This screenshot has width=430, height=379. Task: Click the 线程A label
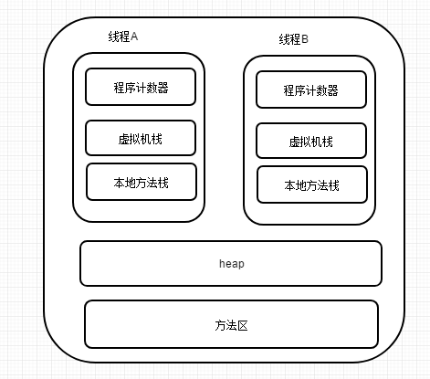point(123,37)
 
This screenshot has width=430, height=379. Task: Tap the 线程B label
point(294,39)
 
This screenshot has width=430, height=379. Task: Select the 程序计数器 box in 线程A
point(141,87)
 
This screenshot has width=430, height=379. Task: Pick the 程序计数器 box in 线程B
point(311,89)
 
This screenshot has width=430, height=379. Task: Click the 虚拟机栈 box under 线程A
point(141,138)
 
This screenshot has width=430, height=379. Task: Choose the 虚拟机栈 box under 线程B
point(311,141)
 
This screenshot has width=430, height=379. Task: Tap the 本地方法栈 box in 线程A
point(142,182)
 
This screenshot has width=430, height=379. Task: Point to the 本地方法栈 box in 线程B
point(312,184)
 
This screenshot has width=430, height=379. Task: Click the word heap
point(232,264)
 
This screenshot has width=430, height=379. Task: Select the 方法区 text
point(231,325)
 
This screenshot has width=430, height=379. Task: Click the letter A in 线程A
point(134,37)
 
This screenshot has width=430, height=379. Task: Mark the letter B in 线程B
point(305,39)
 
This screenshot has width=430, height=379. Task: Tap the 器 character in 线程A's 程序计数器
point(163,88)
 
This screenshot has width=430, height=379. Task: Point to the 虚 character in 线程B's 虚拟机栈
point(294,142)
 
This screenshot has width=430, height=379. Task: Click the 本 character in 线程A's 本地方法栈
point(120,183)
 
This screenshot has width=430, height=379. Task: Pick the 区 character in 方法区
point(243,325)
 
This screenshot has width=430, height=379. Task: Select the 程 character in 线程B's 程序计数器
point(289,90)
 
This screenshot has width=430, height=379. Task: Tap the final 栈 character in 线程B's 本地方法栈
point(334,185)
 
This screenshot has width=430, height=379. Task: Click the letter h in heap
point(222,263)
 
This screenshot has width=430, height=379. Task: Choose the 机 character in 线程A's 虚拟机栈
point(146,139)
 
